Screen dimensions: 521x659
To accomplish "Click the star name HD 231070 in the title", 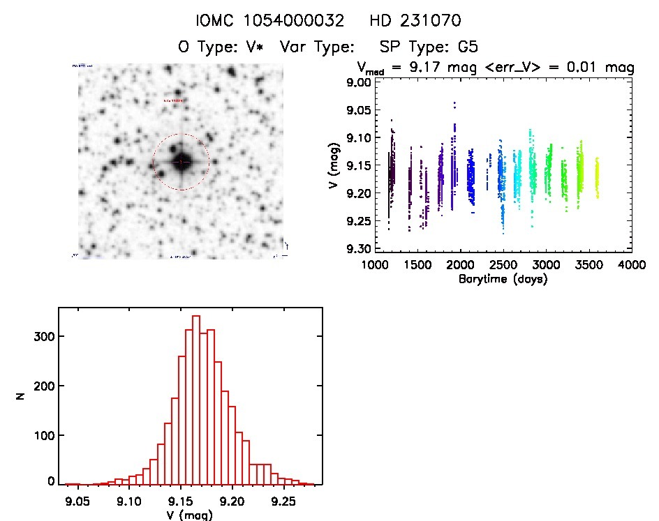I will coord(417,21).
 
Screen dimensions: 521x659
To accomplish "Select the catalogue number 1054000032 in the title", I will coord(301,21).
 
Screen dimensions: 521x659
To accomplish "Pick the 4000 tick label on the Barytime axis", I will coord(632,266).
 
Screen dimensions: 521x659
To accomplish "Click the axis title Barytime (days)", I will coord(503,279).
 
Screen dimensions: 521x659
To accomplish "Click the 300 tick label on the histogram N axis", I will coord(43,336).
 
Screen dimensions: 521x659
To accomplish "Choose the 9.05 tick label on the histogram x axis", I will coord(77,500).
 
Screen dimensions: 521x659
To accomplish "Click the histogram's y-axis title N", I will coord(21,398).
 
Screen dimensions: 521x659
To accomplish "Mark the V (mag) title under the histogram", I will coord(181,515).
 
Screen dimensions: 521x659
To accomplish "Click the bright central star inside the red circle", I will coord(181,162).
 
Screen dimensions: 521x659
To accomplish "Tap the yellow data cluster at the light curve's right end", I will coord(597,179).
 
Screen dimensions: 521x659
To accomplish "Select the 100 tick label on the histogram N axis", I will coord(43,435).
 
